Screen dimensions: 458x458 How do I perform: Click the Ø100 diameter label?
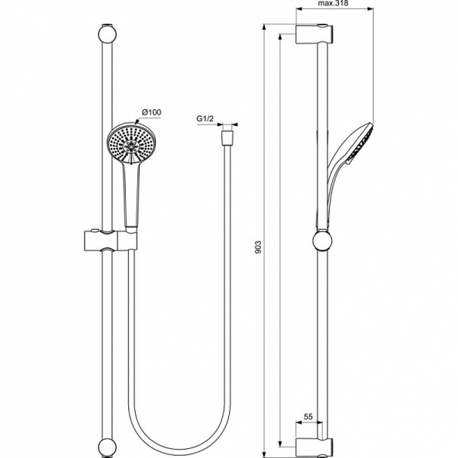point(151,113)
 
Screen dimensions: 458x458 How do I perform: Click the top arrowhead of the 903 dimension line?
point(264,29)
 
